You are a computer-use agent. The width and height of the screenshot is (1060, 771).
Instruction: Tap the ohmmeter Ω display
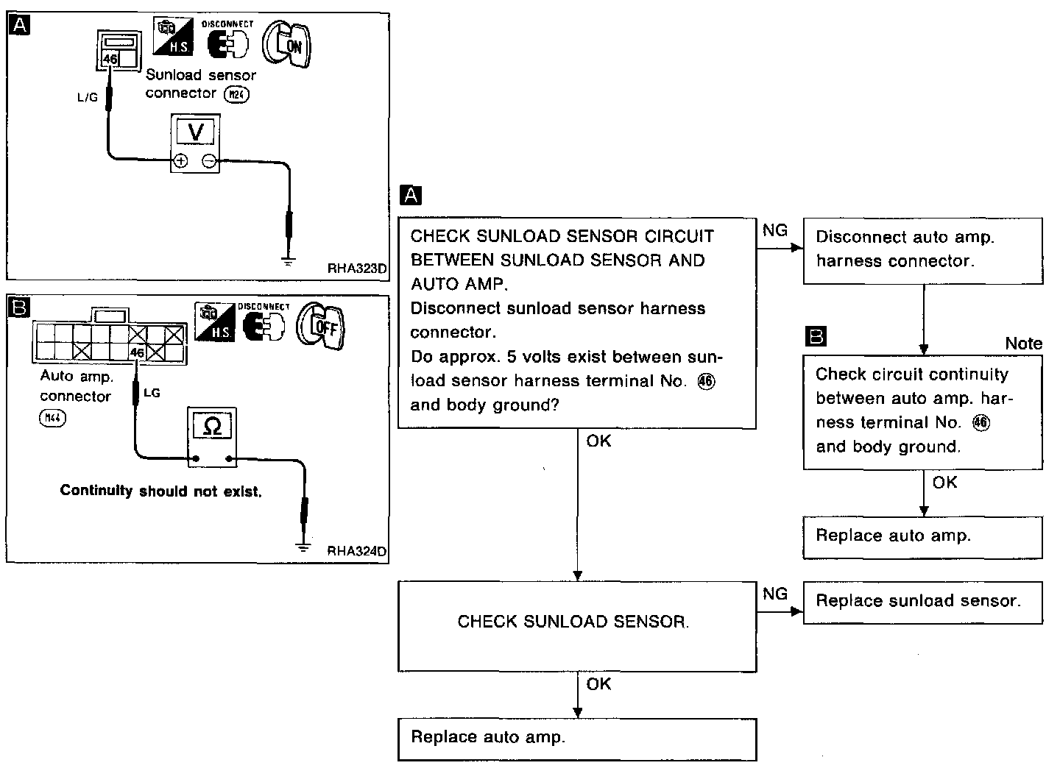click(x=212, y=426)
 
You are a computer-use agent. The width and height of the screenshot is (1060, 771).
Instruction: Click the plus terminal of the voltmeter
click(x=180, y=161)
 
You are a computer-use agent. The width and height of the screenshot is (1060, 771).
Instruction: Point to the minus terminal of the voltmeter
click(x=210, y=161)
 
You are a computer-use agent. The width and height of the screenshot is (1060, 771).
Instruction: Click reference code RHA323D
click(x=356, y=269)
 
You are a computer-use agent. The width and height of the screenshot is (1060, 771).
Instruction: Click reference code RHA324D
click(x=356, y=550)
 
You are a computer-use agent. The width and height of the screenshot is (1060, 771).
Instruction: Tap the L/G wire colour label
click(x=87, y=97)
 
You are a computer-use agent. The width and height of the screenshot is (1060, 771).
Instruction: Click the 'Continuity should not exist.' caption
click(x=160, y=491)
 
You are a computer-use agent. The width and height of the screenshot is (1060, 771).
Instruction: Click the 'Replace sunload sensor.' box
click(x=922, y=602)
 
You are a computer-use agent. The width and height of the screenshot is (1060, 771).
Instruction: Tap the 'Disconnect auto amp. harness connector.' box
click(x=922, y=250)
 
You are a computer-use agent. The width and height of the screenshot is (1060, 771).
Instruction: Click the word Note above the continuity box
click(x=1023, y=344)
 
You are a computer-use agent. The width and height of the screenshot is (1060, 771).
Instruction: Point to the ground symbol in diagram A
click(x=289, y=260)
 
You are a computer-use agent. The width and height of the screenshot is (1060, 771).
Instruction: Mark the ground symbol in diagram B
click(x=302, y=546)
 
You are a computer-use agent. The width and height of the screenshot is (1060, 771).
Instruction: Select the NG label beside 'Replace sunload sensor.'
click(x=774, y=594)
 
